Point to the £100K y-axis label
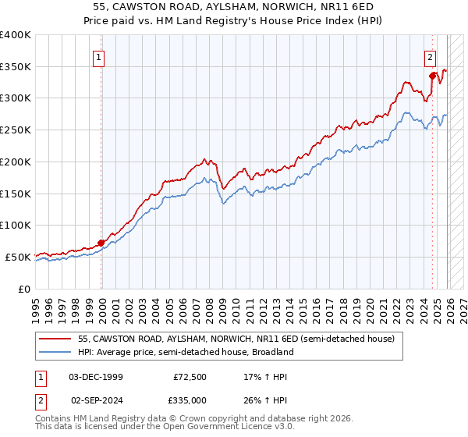coord(16,225)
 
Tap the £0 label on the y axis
coord(23,289)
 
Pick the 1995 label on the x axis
coord(35,304)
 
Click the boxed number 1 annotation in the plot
coord(100,56)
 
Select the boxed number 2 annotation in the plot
coord(430,56)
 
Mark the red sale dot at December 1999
coord(101,242)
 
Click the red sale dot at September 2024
coord(432,76)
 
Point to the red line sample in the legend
coord(55,339)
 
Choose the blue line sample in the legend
coord(55,352)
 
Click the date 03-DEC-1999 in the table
coord(96,377)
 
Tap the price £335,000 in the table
coord(190,400)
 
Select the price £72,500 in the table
coord(190,377)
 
